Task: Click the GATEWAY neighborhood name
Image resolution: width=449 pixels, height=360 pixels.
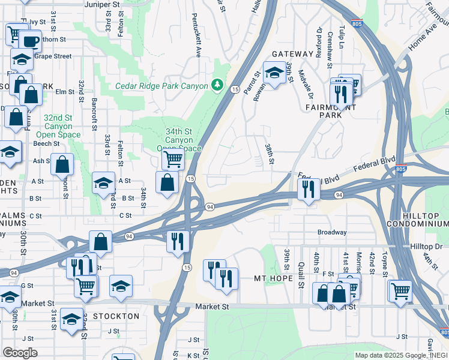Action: coord(292,54)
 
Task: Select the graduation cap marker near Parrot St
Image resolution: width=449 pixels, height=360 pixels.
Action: coord(274,74)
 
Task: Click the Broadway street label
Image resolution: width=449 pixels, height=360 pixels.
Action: coord(332,232)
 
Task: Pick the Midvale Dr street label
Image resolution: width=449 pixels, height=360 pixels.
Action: coord(310,84)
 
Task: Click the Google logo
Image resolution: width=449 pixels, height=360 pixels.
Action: coord(20,353)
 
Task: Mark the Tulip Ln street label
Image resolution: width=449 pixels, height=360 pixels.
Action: coord(343,37)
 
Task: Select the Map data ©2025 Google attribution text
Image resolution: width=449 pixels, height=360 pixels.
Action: coord(391,355)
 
